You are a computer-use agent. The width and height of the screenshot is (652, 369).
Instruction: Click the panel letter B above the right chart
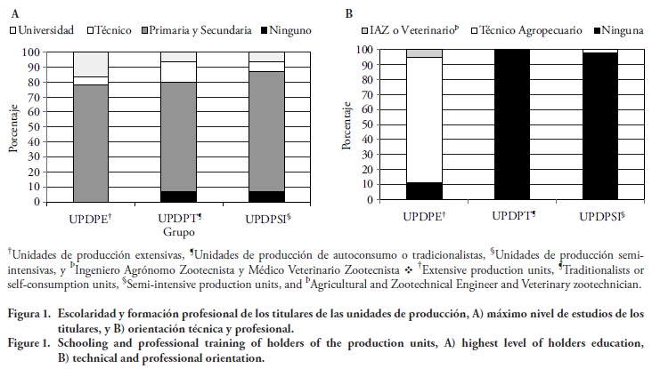tap(349, 13)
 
